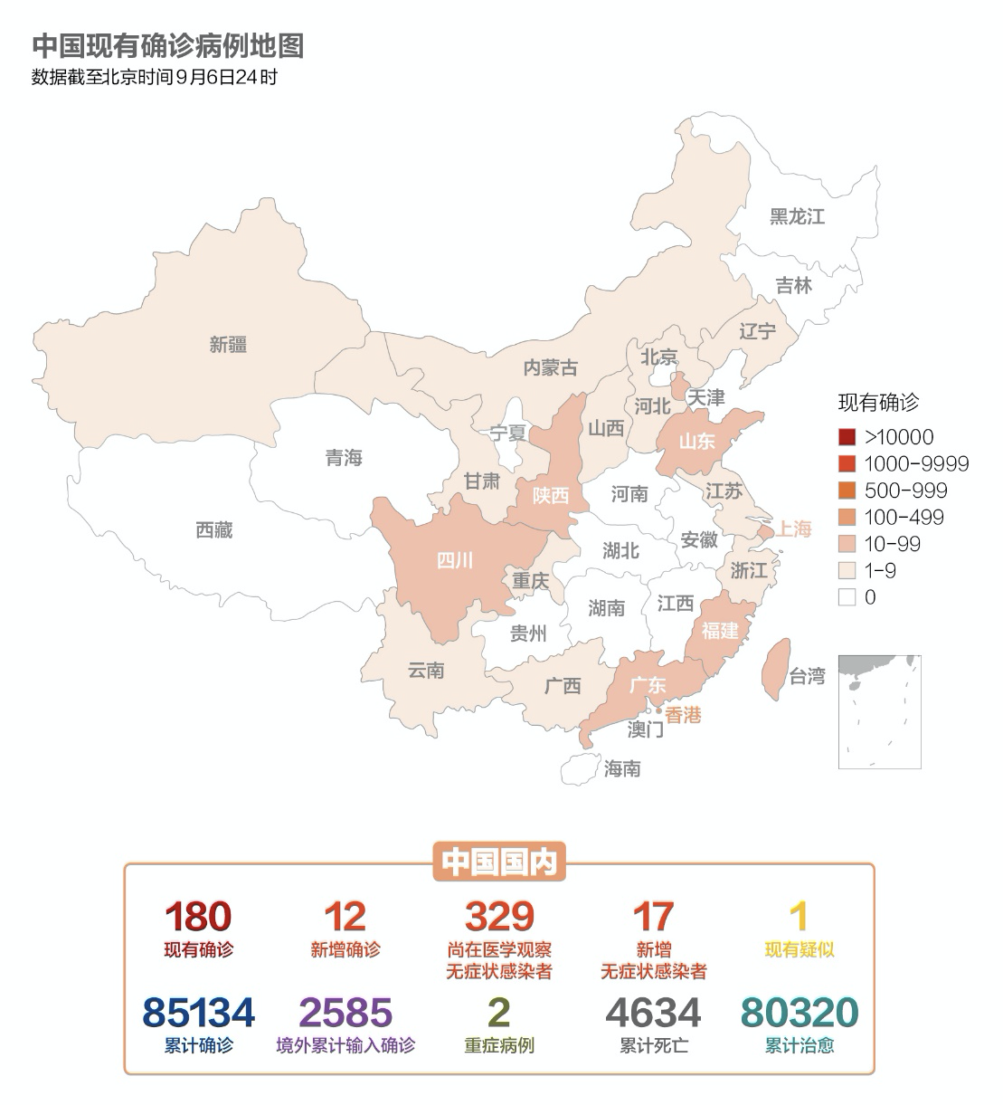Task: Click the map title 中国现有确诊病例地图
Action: pos(167,45)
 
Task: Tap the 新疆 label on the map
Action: pos(228,345)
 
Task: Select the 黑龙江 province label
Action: pos(797,217)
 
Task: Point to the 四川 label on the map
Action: pos(455,561)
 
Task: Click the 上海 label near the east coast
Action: pos(792,529)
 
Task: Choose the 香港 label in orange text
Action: pos(683,715)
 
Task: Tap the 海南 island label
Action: pos(622,768)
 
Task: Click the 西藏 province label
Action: pos(214,530)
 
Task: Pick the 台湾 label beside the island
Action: pos(807,676)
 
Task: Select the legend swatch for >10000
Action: pos(847,437)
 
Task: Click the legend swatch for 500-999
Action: pos(847,491)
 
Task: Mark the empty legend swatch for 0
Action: pos(847,597)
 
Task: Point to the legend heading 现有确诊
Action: pos(877,403)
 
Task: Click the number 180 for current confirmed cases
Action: pos(198,917)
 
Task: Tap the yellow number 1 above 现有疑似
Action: pos(799,917)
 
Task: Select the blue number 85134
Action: pos(199,1013)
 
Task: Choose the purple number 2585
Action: pos(345,1013)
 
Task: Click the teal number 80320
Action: pos(799,1013)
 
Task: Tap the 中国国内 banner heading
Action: pos(499,862)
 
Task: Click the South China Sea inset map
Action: pos(879,712)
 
